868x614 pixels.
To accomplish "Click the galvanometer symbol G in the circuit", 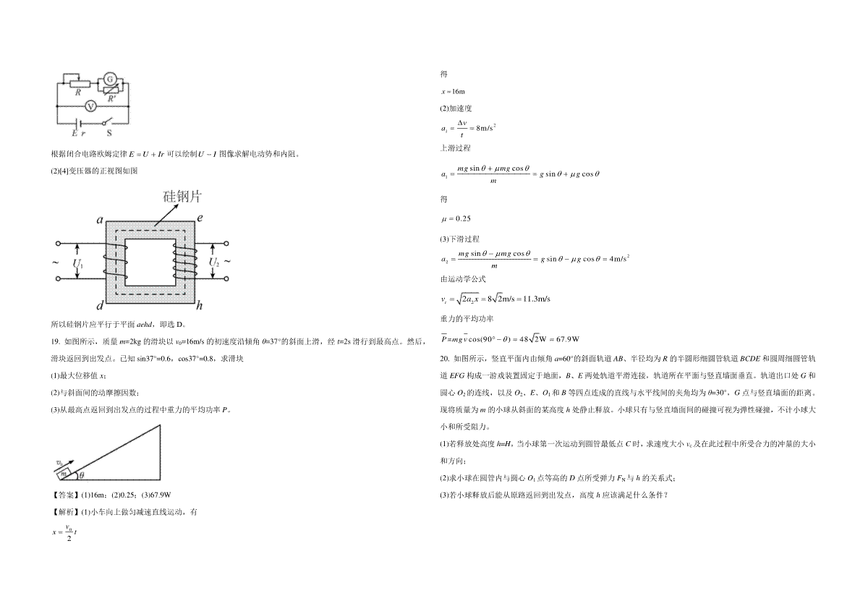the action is [x=110, y=80].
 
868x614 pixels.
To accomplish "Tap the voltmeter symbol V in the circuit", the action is [x=90, y=106].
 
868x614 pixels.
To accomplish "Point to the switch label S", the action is [x=109, y=133].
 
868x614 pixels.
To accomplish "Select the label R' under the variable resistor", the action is [x=112, y=99].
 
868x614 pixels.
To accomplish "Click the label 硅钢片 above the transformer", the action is [x=182, y=197].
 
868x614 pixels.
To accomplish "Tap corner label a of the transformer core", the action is [x=100, y=220].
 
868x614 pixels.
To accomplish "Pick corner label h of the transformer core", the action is [x=199, y=306].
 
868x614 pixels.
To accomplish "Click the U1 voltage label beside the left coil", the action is [x=78, y=264].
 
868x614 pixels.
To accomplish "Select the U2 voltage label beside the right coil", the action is [x=214, y=263].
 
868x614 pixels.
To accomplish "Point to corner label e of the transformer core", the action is [x=200, y=218].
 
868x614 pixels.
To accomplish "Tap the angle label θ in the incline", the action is [x=82, y=475].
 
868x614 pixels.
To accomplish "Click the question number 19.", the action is [x=55, y=341].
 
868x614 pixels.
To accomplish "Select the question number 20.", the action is [x=444, y=359].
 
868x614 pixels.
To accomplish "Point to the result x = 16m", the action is [x=453, y=92].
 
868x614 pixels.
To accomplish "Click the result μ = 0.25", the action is [x=456, y=219].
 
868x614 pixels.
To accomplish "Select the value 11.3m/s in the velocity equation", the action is [x=537, y=299].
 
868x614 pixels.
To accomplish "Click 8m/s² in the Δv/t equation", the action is [x=486, y=128].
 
